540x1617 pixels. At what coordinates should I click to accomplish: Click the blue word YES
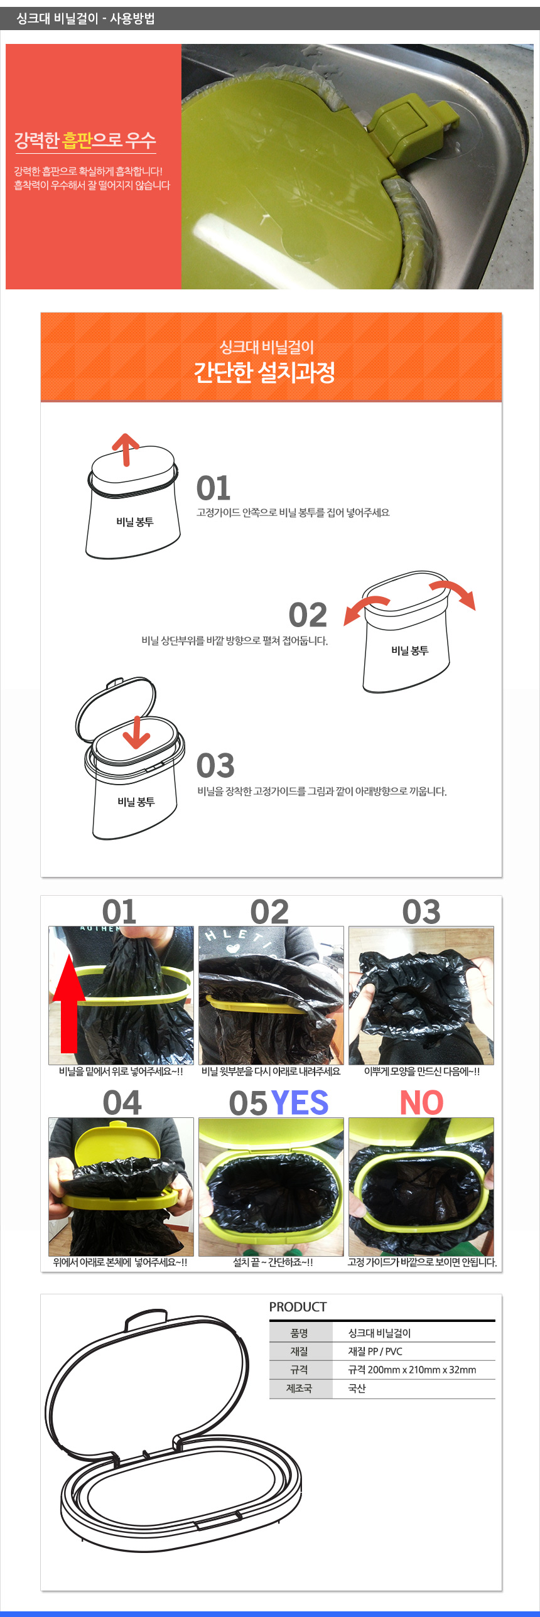(x=300, y=1103)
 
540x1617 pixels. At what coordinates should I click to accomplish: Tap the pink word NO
(x=421, y=1103)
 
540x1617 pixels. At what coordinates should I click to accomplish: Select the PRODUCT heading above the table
(x=298, y=1307)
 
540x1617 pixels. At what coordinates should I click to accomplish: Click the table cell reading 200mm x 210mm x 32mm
(x=412, y=1370)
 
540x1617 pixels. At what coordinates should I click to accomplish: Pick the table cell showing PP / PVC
(x=375, y=1351)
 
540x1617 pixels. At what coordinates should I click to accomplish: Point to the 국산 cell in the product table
(x=357, y=1389)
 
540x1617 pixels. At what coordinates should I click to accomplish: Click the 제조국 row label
(x=299, y=1389)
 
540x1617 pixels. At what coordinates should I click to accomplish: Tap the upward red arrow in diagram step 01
(x=126, y=449)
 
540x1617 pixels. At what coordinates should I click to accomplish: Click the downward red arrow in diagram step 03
(x=136, y=732)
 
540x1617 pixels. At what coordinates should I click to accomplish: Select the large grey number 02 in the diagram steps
(x=308, y=615)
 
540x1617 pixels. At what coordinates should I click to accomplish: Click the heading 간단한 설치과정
(x=264, y=372)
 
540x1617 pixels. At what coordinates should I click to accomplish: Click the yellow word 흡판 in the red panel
(x=77, y=140)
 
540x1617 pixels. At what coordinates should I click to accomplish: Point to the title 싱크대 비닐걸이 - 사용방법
(x=85, y=18)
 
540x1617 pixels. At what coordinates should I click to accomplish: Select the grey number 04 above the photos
(x=122, y=1103)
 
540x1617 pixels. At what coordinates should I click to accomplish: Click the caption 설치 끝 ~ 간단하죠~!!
(x=273, y=1262)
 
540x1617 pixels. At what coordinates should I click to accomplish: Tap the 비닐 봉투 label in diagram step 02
(x=409, y=651)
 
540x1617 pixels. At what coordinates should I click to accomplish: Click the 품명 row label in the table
(x=299, y=1333)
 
